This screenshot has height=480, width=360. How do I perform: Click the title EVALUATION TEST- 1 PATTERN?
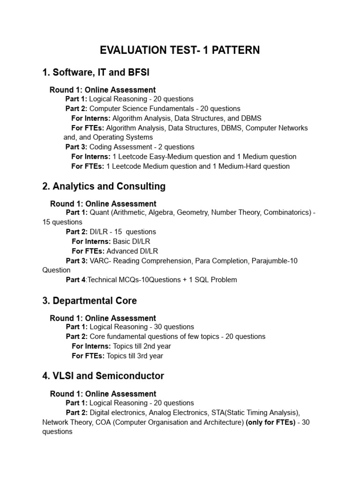[180, 50]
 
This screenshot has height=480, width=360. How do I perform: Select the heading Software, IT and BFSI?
[96, 72]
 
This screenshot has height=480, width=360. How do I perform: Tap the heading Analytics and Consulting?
[104, 186]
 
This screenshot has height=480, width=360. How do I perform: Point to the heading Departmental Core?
[90, 300]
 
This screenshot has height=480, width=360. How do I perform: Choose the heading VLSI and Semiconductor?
[103, 376]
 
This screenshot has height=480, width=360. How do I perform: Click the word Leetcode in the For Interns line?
[134, 157]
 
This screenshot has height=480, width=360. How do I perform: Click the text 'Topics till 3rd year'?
[135, 356]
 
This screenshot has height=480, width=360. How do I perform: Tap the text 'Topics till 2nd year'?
[139, 346]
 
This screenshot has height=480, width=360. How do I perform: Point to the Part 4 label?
[76, 280]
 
